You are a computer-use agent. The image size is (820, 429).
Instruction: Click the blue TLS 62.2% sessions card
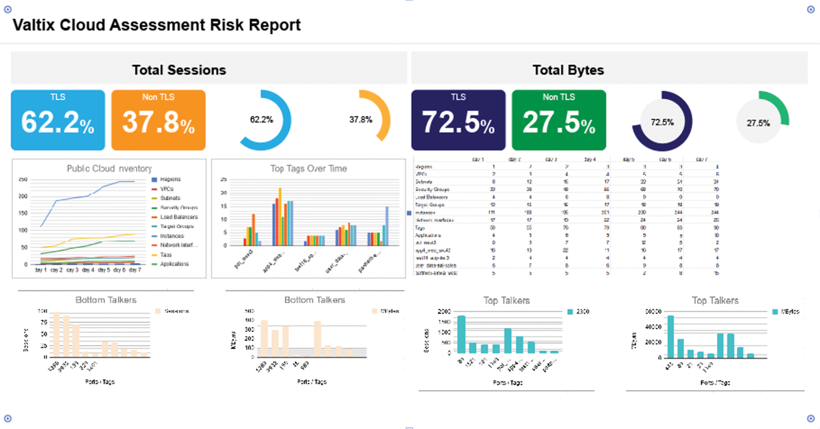(x=57, y=120)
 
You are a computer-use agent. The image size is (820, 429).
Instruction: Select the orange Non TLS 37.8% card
(x=158, y=120)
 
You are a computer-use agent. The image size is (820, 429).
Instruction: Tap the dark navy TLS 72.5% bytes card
(x=458, y=120)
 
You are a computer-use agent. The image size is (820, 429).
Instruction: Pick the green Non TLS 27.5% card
(x=558, y=120)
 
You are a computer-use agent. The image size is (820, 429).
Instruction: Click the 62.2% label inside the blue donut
(x=261, y=120)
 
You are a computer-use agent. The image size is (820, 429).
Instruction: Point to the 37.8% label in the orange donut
(x=361, y=120)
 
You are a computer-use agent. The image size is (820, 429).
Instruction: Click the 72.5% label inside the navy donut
(x=662, y=122)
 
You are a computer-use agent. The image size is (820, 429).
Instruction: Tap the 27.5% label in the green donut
(x=758, y=124)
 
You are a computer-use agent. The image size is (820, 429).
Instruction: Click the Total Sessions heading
(x=179, y=70)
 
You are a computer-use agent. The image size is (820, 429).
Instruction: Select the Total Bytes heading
(x=569, y=70)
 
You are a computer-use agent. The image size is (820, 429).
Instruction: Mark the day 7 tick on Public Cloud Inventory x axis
(x=134, y=270)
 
